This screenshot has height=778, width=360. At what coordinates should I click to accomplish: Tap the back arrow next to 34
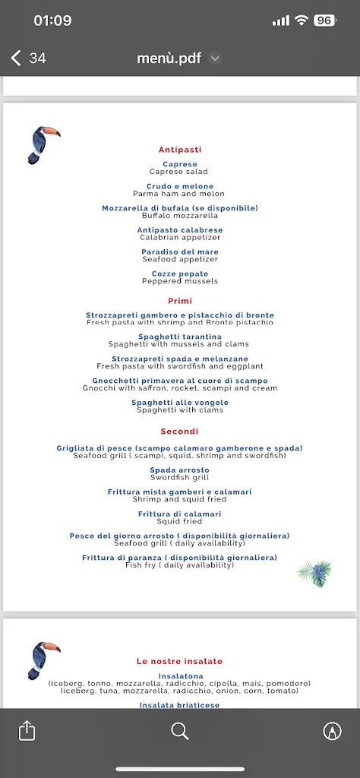[x=16, y=59]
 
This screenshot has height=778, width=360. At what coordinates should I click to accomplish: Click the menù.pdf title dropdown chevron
[x=215, y=59]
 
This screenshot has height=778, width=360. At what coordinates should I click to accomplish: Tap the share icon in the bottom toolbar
[x=27, y=731]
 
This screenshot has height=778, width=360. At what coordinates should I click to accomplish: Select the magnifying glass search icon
[x=180, y=731]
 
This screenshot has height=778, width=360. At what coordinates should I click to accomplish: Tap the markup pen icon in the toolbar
[x=332, y=731]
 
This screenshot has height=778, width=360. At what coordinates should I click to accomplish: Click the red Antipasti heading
[x=180, y=150]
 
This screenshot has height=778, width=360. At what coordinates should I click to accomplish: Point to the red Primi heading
[x=180, y=301]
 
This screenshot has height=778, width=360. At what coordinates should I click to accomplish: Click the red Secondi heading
[x=180, y=432]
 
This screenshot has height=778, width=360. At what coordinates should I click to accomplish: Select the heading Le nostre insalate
[x=180, y=661]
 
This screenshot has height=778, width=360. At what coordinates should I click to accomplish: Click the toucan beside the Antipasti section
[x=43, y=144]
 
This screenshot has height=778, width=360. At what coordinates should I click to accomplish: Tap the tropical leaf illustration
[x=314, y=573]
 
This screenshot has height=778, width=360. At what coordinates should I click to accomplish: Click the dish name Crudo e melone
[x=180, y=186]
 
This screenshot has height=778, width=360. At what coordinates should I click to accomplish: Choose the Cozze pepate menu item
[x=180, y=274]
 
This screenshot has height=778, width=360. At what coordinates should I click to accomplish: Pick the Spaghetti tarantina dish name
[x=180, y=337]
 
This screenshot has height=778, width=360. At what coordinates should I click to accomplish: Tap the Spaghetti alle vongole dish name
[x=180, y=403]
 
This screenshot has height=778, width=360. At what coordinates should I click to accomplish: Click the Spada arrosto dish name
[x=180, y=470]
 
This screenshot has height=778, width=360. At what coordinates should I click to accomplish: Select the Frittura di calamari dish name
[x=180, y=514]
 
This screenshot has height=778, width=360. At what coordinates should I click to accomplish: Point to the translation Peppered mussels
[x=180, y=281]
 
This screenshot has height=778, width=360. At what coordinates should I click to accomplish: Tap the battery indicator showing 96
[x=324, y=21]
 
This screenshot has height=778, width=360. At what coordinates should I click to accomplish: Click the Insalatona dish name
[x=180, y=675]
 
